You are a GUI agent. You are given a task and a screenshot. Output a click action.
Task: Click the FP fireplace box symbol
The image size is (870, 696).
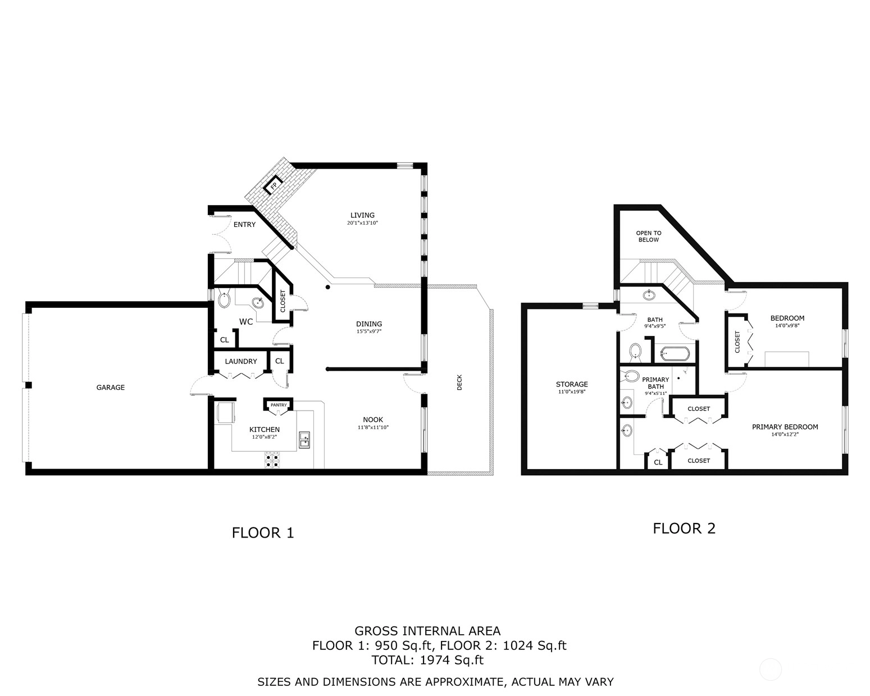click(274, 185)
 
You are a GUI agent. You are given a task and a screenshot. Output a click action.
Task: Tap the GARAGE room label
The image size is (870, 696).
click(111, 388)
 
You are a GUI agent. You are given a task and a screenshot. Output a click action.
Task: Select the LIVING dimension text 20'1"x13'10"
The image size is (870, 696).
click(362, 223)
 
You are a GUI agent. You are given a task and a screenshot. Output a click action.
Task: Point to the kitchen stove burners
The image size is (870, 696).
click(272, 460)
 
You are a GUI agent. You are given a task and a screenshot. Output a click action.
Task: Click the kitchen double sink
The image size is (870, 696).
click(304, 440)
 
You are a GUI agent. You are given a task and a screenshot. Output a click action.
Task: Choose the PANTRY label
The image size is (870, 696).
click(279, 405)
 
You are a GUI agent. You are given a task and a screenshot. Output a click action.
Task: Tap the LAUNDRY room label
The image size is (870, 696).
click(241, 362)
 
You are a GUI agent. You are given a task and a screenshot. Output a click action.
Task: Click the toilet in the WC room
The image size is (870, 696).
click(224, 299)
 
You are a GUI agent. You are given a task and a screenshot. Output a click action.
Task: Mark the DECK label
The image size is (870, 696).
click(459, 382)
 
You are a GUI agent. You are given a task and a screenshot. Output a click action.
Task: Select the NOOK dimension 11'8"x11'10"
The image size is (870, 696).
click(373, 427)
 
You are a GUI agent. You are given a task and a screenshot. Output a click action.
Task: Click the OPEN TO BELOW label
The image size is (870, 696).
click(649, 236)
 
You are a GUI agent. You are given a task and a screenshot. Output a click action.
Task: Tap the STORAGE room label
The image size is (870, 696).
click(572, 384)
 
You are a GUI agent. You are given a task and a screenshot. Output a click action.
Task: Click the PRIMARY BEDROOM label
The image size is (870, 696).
click(785, 427)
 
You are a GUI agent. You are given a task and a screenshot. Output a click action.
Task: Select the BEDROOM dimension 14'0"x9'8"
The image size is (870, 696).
click(787, 325)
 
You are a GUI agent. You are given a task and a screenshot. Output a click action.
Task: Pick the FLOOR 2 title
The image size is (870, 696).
click(684, 528)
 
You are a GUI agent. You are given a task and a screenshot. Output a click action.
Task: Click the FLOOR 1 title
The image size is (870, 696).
click(263, 533)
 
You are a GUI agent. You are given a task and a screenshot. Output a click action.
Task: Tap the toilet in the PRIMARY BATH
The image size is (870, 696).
click(629, 376)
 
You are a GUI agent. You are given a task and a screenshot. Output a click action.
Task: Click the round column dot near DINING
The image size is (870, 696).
click(328, 287)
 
